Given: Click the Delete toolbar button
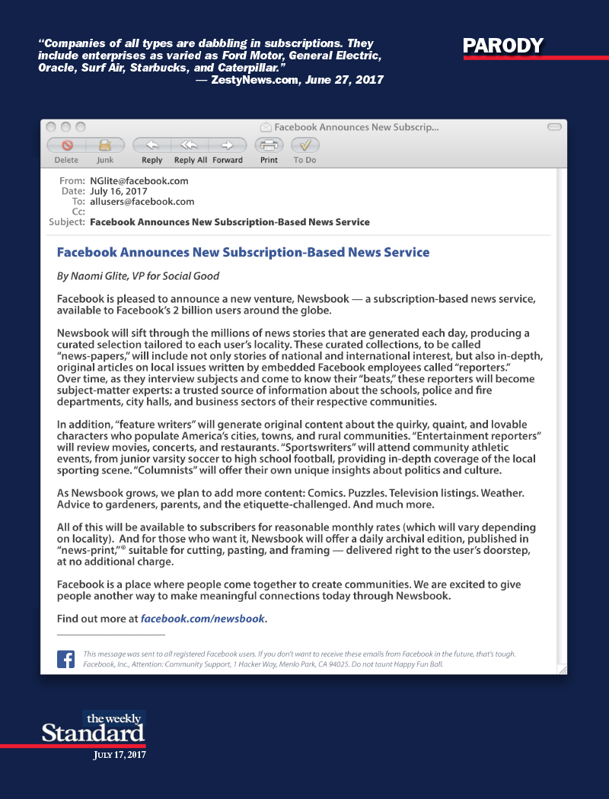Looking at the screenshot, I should click(x=66, y=145).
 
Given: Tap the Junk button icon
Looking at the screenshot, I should click(x=105, y=145).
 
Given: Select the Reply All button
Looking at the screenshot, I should click(x=190, y=145).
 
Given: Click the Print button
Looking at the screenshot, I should click(x=269, y=145).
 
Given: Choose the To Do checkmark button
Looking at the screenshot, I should click(x=304, y=145).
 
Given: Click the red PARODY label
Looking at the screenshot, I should click(x=503, y=46).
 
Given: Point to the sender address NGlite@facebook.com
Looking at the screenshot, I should click(x=139, y=181).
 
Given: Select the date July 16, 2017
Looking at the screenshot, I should click(x=118, y=192).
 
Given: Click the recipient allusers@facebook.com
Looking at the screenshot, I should click(x=142, y=202).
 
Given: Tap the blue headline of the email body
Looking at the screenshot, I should click(x=243, y=252).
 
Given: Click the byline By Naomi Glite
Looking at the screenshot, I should click(x=138, y=276).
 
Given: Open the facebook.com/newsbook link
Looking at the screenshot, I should click(x=203, y=619).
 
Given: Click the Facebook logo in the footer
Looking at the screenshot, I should click(x=65, y=659).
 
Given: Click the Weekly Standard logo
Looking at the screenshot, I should click(x=93, y=728).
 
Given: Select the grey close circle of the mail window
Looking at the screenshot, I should click(x=52, y=127).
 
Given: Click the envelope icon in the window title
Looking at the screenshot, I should click(x=266, y=127).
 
